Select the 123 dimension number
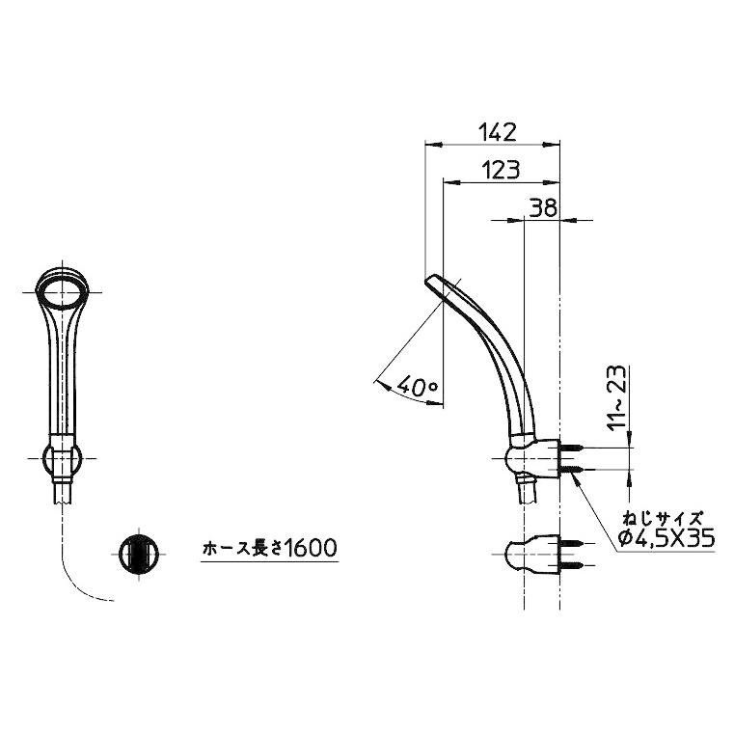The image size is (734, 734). click(501, 170)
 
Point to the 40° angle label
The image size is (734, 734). click(417, 387)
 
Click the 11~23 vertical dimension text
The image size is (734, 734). click(617, 396)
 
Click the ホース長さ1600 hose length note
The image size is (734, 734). click(268, 550)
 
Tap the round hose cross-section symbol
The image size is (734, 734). click(136, 554)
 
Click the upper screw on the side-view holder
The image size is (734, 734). click(575, 449)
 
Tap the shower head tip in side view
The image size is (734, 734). click(432, 282)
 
